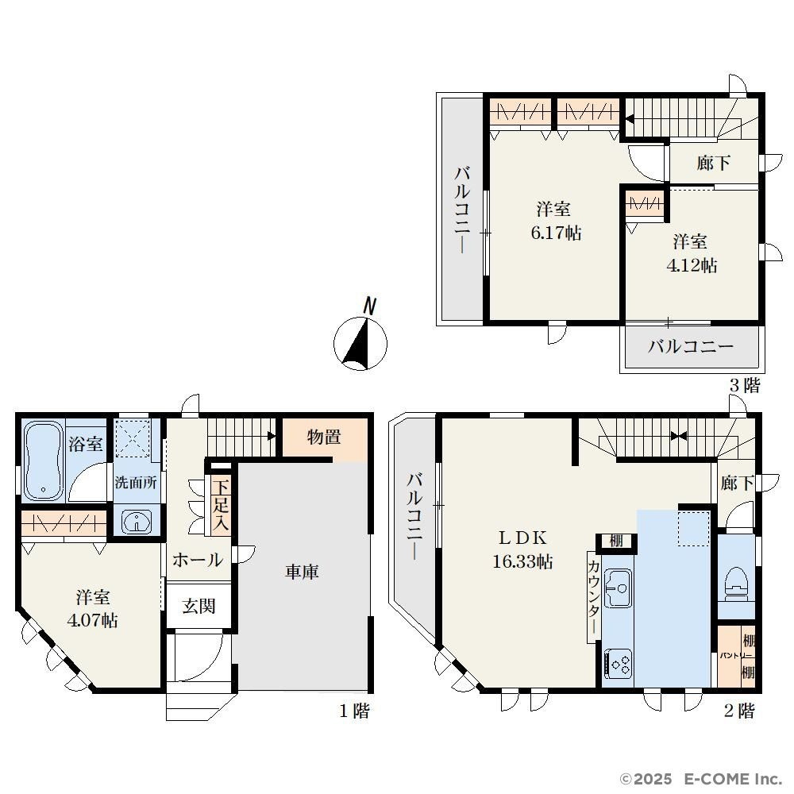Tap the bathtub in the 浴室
43,461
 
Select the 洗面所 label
135,483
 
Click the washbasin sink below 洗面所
137,522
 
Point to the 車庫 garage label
301,572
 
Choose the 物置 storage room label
324,437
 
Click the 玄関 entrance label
199,606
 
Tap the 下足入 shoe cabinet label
220,505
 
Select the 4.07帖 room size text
93,620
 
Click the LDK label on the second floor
522,537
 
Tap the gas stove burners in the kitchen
619,664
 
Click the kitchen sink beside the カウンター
618,588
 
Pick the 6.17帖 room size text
556,233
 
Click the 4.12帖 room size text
692,265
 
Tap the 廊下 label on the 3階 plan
714,163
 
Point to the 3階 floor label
745,385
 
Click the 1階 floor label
354,711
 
